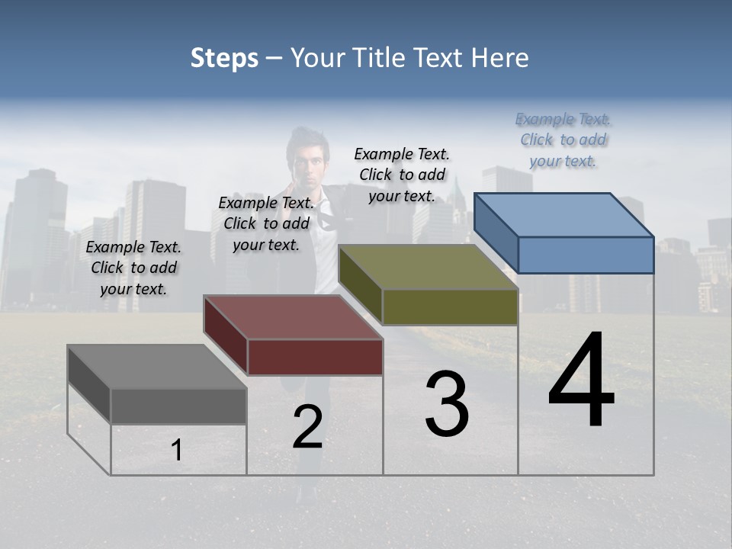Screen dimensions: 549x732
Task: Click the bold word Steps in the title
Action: click(224, 58)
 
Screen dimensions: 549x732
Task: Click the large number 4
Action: click(581, 381)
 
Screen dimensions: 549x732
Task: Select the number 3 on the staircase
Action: click(447, 404)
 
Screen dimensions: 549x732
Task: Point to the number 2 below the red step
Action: click(308, 427)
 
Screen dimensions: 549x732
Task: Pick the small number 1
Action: click(177, 451)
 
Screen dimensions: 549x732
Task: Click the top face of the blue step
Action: click(564, 215)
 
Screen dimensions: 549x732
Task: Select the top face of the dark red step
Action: click(294, 317)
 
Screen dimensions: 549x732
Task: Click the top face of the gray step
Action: click(157, 367)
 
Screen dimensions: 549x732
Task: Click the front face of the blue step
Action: click(586, 255)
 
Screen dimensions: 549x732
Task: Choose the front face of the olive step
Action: click(450, 307)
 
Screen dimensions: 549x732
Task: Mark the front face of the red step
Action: click(315, 357)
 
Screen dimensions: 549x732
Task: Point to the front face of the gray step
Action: click(179, 406)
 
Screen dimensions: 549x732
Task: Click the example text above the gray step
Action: click(133, 268)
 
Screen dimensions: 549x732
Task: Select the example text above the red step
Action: click(266, 223)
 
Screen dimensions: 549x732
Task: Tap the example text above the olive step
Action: click(402, 175)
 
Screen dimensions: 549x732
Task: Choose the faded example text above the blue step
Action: click(563, 140)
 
